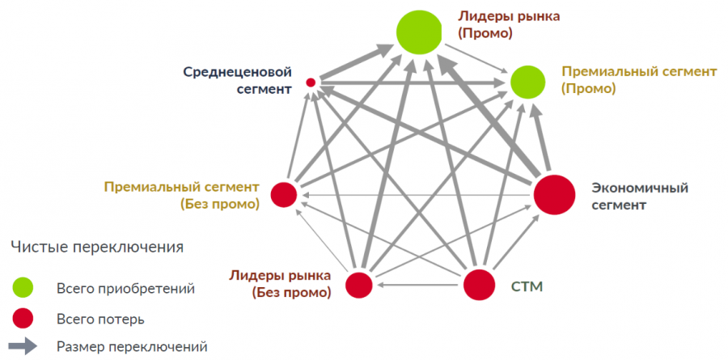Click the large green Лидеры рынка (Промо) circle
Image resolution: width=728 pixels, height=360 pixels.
pos(420,32)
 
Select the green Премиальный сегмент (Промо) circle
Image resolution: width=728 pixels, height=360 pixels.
pos(527,81)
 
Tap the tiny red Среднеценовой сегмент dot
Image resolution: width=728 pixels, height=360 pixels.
pos(310,82)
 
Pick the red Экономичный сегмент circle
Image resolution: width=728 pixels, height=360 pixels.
pos(553,195)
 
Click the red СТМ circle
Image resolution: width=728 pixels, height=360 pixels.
pos(479,285)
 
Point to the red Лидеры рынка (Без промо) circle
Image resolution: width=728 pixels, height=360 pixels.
pos(359,285)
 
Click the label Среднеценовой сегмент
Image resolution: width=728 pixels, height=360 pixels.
pos(236,80)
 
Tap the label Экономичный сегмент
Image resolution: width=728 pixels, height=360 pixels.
pos(640,196)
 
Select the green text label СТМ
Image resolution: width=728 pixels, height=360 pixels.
pos(527,286)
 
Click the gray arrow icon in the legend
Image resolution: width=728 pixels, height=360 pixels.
pos(24,346)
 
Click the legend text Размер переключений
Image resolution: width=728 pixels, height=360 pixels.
pos(132,347)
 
